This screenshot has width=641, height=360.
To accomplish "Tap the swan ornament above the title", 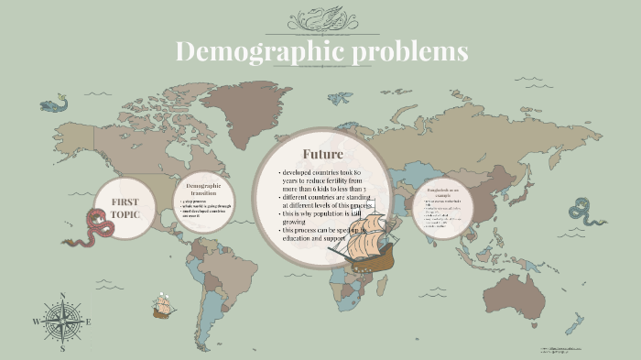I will [x=321, y=18].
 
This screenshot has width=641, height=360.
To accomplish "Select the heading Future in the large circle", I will [x=322, y=154].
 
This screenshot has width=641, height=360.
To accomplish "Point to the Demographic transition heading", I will [x=203, y=190].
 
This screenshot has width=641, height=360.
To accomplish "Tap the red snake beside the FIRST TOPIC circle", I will [x=92, y=228].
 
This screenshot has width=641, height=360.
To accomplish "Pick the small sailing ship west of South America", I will [x=164, y=305].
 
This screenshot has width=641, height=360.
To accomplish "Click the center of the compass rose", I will [x=62, y=322].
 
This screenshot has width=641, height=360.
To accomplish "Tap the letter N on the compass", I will [x=62, y=295].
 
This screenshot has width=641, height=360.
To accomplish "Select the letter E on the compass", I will [x=88, y=322].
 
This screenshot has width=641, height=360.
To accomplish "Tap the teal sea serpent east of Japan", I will [x=586, y=212].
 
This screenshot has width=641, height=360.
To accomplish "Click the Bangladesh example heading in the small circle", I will [x=442, y=191].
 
